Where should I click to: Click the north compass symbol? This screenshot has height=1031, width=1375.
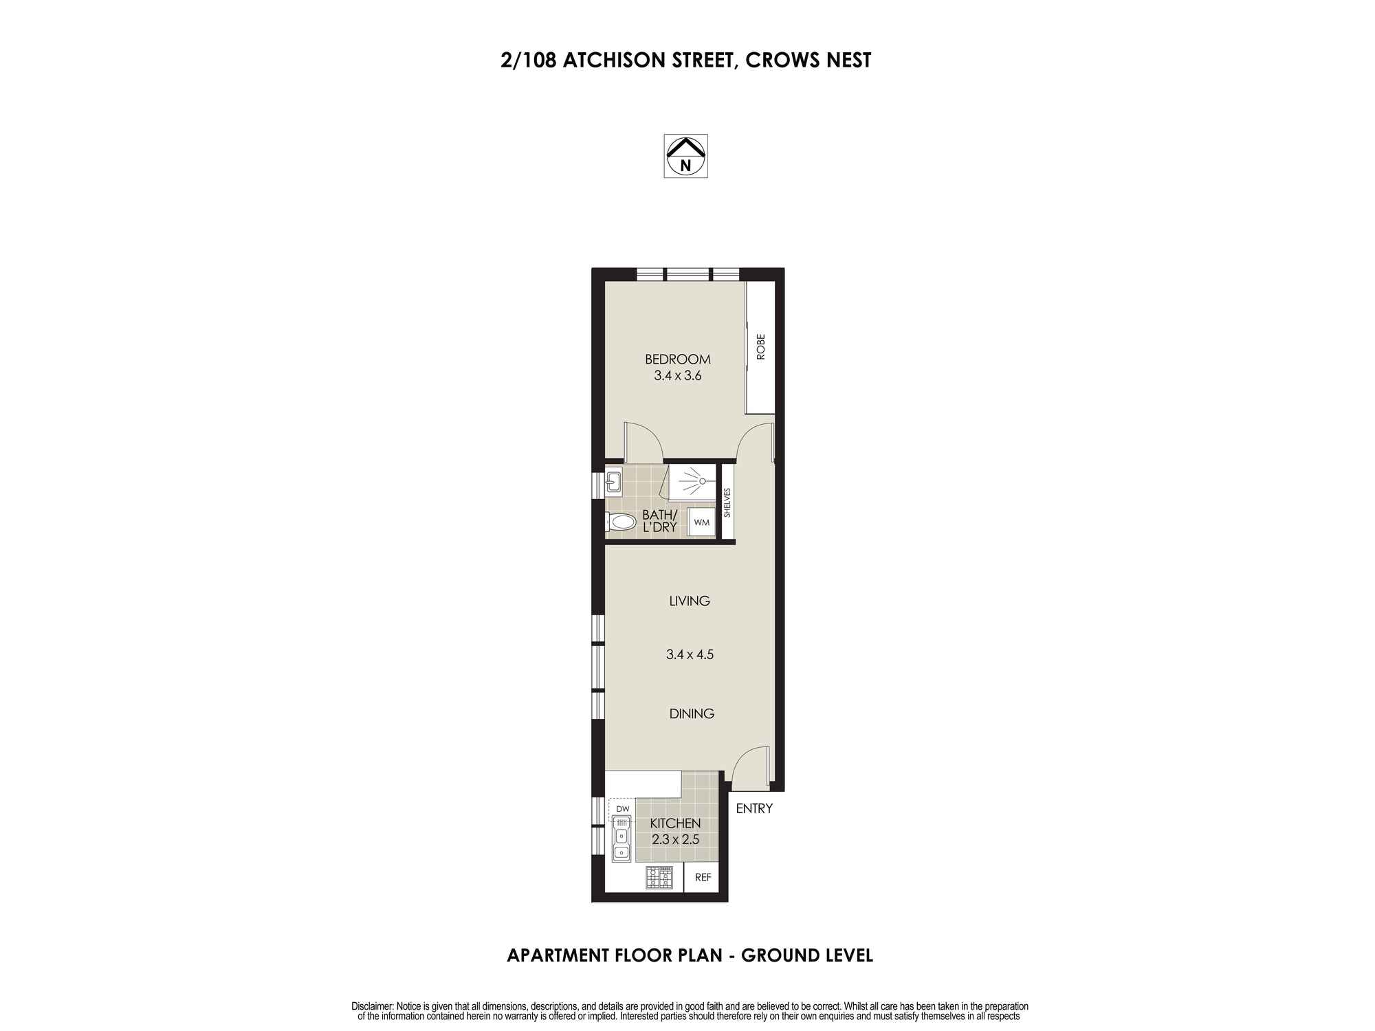(685, 156)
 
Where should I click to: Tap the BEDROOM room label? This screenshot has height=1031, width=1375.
(677, 359)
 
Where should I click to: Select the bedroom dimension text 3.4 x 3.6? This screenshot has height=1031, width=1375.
(677, 376)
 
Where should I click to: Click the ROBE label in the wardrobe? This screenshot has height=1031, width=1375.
(760, 347)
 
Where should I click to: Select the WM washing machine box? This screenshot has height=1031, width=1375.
(701, 523)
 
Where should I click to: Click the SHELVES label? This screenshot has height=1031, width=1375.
(727, 502)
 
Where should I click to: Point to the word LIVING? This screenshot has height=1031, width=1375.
(689, 601)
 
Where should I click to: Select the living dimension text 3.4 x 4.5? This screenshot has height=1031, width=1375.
(690, 654)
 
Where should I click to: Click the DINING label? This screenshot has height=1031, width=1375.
(692, 713)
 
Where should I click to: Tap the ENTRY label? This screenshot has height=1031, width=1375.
(754, 808)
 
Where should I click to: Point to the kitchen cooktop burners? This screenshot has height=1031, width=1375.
(659, 878)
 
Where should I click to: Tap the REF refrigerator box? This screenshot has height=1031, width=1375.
(703, 878)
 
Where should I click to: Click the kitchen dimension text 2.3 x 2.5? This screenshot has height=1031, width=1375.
(675, 839)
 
